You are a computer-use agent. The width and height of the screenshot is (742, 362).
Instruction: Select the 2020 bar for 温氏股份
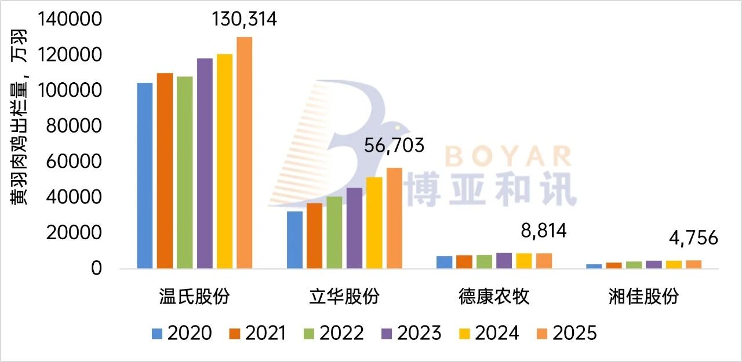(144, 176)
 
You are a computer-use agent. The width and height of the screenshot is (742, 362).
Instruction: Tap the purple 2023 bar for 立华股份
(354, 228)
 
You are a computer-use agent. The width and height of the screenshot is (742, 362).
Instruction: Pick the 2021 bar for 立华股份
(315, 236)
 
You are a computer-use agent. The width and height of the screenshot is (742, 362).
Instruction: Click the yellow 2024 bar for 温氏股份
(224, 162)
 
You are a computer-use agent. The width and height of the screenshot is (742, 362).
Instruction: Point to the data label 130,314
(244, 20)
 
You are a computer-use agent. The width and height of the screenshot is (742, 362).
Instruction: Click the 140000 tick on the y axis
(70, 20)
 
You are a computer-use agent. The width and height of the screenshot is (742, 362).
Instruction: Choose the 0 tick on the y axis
(96, 269)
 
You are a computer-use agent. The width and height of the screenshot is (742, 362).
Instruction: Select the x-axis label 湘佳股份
(644, 297)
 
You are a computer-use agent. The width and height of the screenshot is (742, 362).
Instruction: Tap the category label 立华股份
(344, 297)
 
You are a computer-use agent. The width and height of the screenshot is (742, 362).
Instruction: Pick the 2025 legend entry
(565, 333)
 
